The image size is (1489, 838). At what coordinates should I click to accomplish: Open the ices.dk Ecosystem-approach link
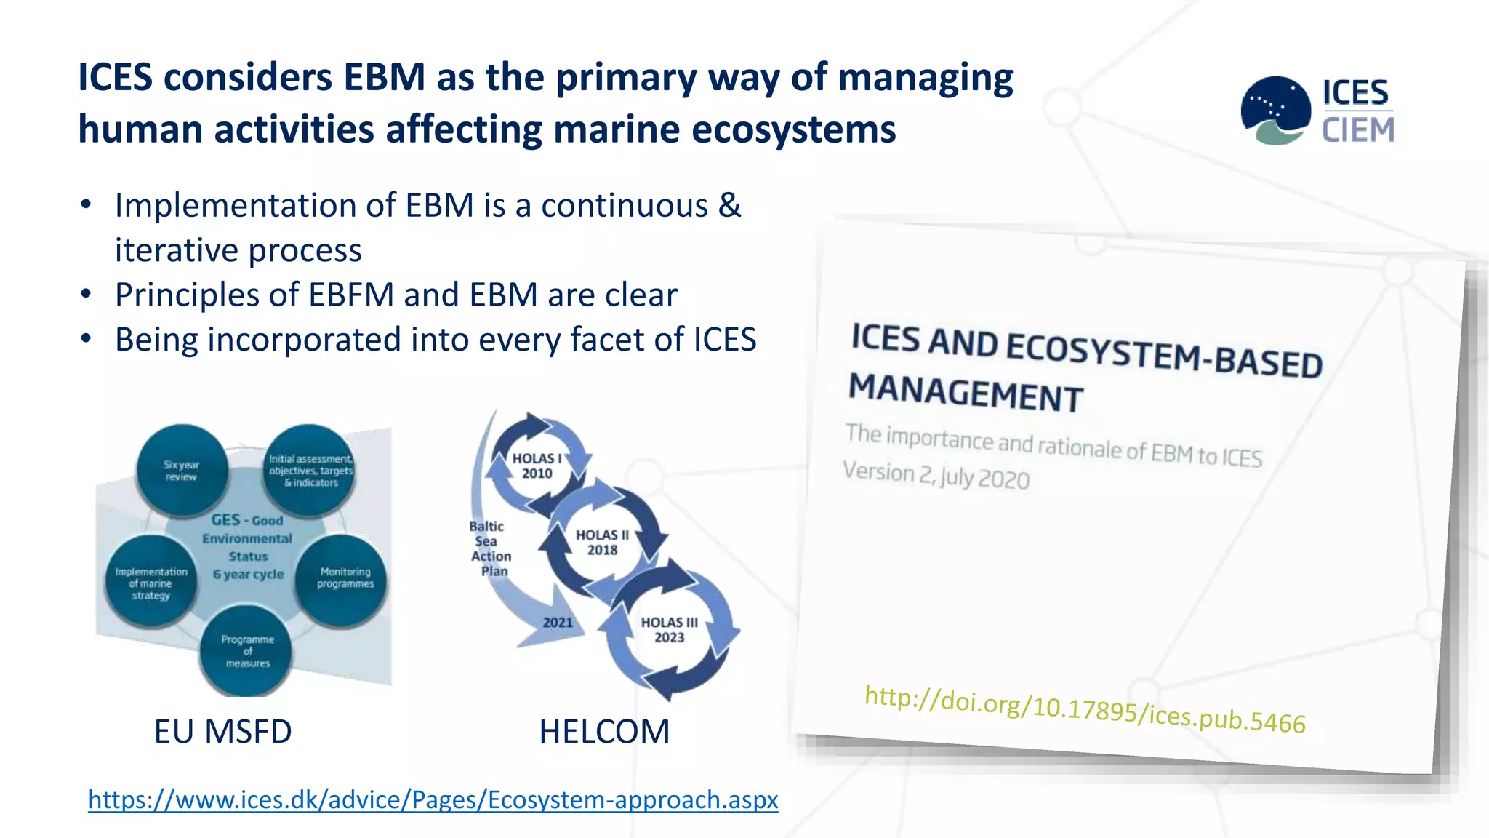pyautogui.click(x=433, y=799)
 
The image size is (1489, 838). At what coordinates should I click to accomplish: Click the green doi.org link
pyautogui.click(x=1085, y=709)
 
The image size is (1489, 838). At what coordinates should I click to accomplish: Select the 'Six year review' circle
pyautogui.click(x=182, y=471)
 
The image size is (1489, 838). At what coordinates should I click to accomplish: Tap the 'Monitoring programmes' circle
pyautogui.click(x=342, y=579)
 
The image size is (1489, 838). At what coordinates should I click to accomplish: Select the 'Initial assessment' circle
pyautogui.click(x=310, y=471)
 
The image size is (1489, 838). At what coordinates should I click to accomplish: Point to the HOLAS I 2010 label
pyautogui.click(x=537, y=466)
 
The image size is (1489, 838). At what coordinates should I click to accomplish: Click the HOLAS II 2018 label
pyautogui.click(x=602, y=543)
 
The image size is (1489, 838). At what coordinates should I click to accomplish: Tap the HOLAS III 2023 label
pyautogui.click(x=669, y=630)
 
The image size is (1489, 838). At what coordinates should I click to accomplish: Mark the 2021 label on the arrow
pyautogui.click(x=558, y=623)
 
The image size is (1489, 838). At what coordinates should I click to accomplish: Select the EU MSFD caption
pyautogui.click(x=222, y=731)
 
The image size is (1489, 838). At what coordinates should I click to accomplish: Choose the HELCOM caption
pyautogui.click(x=604, y=731)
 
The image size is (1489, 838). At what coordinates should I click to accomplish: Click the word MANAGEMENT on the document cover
pyautogui.click(x=966, y=393)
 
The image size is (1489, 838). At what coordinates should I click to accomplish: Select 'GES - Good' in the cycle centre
pyautogui.click(x=247, y=520)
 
